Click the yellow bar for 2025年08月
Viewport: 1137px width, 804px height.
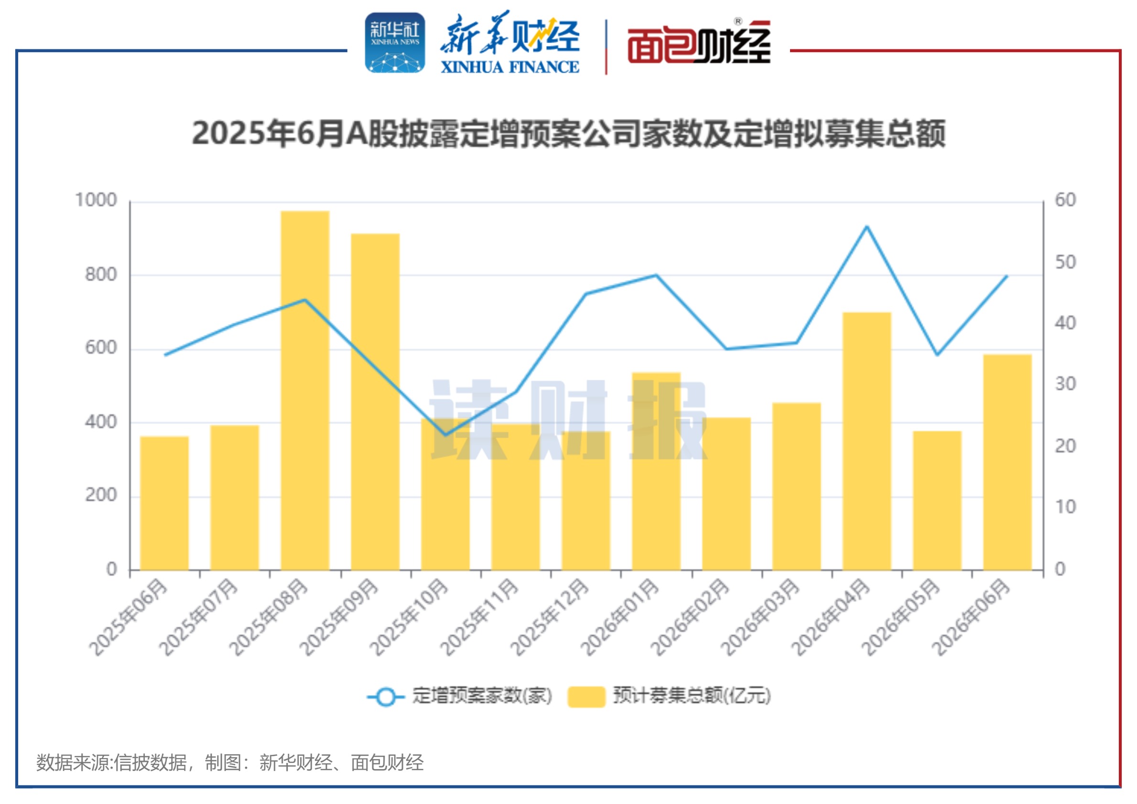pyautogui.click(x=305, y=391)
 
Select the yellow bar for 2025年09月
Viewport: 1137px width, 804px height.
pyautogui.click(x=375, y=402)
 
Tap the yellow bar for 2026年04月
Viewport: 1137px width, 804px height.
pyautogui.click(x=867, y=441)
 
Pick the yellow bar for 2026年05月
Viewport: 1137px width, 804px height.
pyautogui.click(x=937, y=501)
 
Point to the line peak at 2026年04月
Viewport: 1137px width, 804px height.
pyautogui.click(x=867, y=227)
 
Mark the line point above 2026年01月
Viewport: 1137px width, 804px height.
pyautogui.click(x=656, y=275)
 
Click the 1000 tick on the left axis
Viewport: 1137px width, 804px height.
pyautogui.click(x=96, y=200)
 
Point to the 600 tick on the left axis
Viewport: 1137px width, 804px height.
pyautogui.click(x=101, y=348)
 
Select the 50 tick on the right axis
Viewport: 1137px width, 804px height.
pyautogui.click(x=1066, y=262)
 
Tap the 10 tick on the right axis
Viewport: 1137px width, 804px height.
pyautogui.click(x=1066, y=507)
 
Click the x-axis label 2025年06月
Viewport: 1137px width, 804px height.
pyautogui.click(x=128, y=617)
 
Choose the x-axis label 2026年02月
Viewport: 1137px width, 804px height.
pyautogui.click(x=690, y=617)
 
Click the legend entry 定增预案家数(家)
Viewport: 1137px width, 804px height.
pyautogui.click(x=460, y=696)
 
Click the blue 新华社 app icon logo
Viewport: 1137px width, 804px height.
pyautogui.click(x=395, y=43)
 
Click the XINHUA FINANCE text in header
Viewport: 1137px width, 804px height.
pyautogui.click(x=510, y=67)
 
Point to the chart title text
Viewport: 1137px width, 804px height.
pyautogui.click(x=569, y=134)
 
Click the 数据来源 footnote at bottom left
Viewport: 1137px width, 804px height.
pyautogui.click(x=230, y=762)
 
